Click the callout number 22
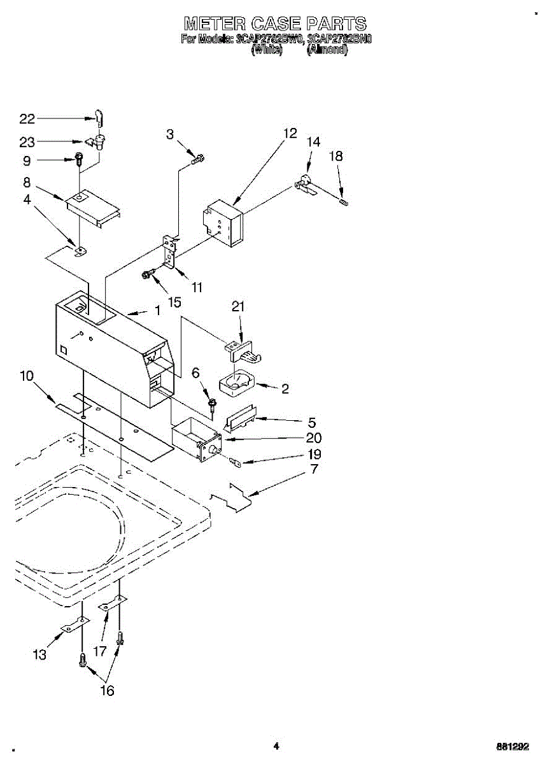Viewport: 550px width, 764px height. (27, 118)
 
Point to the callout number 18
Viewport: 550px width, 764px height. (336, 156)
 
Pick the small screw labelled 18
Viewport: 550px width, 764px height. (344, 202)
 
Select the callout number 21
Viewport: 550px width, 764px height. (238, 307)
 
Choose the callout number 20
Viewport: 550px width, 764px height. (313, 438)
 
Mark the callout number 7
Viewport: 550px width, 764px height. (313, 470)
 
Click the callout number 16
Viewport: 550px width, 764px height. (107, 691)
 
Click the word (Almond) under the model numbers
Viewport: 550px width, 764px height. (327, 50)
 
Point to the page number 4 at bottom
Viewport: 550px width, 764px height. (276, 746)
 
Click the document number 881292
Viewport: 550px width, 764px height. (512, 747)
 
